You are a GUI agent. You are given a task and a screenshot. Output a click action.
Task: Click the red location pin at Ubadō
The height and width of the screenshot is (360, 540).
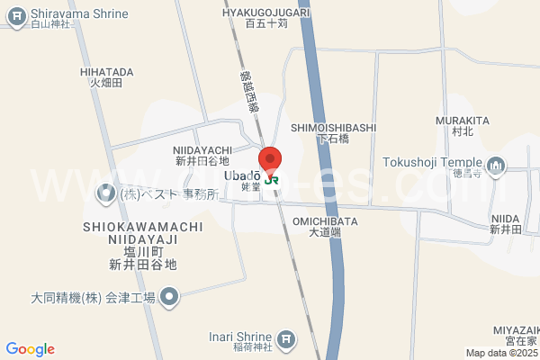click(x=271, y=157)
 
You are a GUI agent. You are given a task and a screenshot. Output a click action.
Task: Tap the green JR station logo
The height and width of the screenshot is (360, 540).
click(x=271, y=178)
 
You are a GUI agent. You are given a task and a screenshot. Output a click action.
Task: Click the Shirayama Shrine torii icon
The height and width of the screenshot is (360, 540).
click(x=15, y=15)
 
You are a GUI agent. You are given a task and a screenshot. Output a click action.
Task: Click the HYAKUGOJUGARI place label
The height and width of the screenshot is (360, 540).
click(x=265, y=13)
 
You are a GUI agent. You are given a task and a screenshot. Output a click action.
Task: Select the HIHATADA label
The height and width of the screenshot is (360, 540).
click(x=106, y=72)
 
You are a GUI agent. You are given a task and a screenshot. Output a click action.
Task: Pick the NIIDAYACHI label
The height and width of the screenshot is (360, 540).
click(x=203, y=150)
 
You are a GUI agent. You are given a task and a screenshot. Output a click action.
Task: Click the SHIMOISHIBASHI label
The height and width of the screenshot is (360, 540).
click(x=333, y=129)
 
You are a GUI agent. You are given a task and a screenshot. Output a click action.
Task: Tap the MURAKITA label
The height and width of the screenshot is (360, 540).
click(x=462, y=121)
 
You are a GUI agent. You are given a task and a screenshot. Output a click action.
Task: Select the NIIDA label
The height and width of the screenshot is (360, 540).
click(x=506, y=219)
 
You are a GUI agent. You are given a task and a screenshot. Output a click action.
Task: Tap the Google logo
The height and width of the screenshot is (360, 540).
click(x=30, y=349)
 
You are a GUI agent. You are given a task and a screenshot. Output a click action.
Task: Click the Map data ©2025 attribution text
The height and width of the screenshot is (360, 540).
click(x=501, y=353)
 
